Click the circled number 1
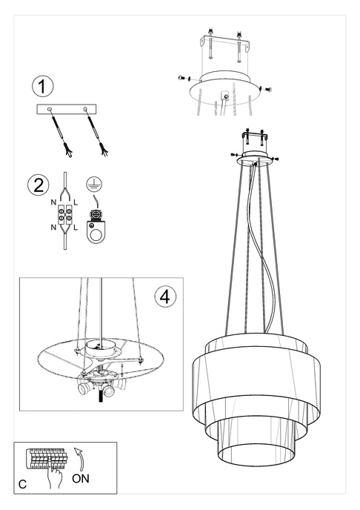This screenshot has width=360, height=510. point(43,86)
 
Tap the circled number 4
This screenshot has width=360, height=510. point(165,297)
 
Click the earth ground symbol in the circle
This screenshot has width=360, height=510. point(94,184)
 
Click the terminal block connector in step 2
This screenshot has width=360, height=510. point(65,216)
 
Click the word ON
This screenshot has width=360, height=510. point(83,480)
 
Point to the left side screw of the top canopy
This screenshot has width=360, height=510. point(182,77)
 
